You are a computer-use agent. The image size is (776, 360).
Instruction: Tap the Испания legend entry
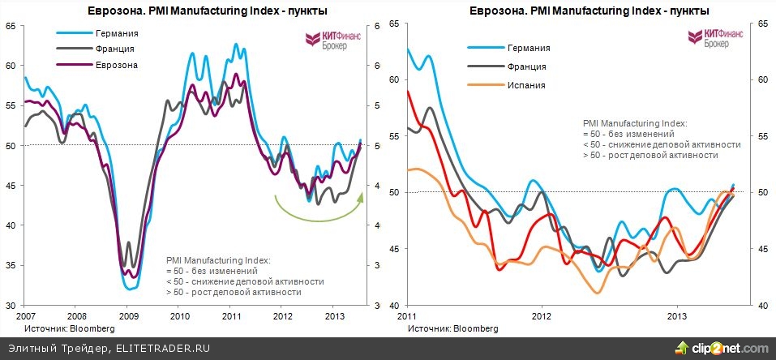tap(526, 84)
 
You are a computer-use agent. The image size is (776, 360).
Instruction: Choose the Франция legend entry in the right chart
tap(527, 66)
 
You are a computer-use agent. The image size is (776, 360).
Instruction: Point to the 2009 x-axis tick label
tap(128, 315)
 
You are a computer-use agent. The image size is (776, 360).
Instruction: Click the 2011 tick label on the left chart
tap(232, 315)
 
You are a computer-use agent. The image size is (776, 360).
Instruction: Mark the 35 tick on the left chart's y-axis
tap(11, 265)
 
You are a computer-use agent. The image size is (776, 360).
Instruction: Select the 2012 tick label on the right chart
tap(541, 315)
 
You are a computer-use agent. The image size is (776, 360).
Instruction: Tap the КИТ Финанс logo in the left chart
tap(327, 41)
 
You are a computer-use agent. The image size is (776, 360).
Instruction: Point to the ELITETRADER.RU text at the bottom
tap(162, 348)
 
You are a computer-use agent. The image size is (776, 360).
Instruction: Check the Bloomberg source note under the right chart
tap(453, 328)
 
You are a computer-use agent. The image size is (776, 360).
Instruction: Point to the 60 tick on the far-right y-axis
tap(763, 79)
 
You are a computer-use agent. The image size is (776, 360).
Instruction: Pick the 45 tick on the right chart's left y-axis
tap(396, 249)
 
